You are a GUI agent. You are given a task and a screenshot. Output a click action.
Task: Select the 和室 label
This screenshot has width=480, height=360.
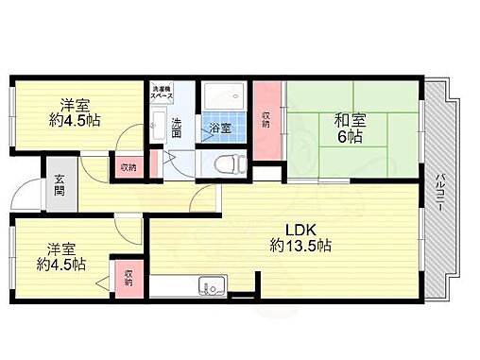pos(349,120)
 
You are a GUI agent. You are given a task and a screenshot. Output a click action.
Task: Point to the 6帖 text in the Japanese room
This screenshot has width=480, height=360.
pos(349,136)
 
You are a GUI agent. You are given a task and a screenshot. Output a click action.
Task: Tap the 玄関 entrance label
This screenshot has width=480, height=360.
pos(59,185)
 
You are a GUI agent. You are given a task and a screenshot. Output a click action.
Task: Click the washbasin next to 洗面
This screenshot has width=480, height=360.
pos(159,126)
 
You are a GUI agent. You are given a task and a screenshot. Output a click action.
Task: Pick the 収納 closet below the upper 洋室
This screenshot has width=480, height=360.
pos(127,166)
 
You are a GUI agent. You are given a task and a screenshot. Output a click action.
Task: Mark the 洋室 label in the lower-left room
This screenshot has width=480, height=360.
pos(64,251)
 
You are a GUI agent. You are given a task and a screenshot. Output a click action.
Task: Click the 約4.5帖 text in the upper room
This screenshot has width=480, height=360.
pos(76,121)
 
